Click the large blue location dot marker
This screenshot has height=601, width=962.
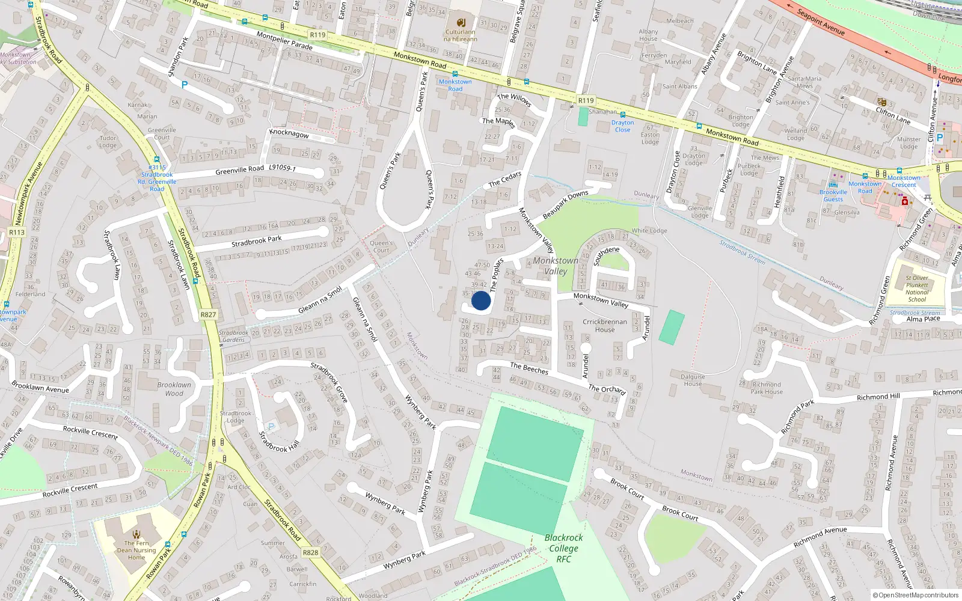(x=481, y=300)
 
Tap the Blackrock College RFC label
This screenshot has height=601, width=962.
(x=563, y=548)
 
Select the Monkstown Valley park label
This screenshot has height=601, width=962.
(x=556, y=266)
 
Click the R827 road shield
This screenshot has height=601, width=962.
(x=208, y=314)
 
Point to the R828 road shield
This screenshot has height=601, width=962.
(x=310, y=552)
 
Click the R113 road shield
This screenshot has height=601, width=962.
(x=17, y=233)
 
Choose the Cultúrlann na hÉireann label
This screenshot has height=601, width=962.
(x=461, y=35)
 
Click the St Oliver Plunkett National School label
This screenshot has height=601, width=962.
(x=917, y=288)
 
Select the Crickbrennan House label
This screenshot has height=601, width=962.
(x=605, y=325)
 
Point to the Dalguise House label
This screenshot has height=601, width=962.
(x=693, y=380)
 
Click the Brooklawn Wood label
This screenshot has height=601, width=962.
(x=174, y=389)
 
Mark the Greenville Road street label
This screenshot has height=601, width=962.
(x=240, y=170)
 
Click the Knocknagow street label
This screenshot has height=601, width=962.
(x=289, y=133)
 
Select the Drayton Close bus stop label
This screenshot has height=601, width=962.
(x=622, y=126)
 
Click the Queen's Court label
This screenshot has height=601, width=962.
(x=382, y=246)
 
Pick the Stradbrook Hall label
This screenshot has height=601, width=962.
(x=279, y=442)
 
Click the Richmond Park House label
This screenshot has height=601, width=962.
(x=767, y=388)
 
